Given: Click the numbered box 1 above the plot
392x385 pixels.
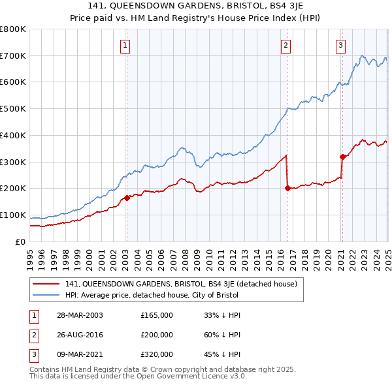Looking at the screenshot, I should click(x=125, y=45).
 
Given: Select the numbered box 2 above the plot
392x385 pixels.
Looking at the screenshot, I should click(x=286, y=45).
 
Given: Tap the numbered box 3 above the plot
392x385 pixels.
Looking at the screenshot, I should click(x=341, y=45).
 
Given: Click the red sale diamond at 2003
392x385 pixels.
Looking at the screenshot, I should click(x=127, y=198).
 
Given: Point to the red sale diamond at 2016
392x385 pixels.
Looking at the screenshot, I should click(x=287, y=188).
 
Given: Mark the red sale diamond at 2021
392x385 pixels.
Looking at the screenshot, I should click(x=342, y=156).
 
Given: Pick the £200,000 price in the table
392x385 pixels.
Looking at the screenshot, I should click(x=157, y=335).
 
